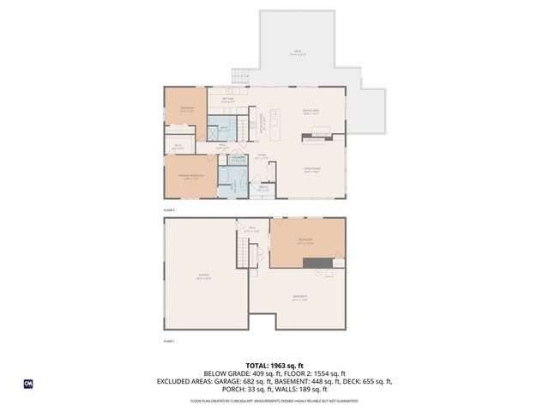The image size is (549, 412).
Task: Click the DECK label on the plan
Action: [x=298, y=52]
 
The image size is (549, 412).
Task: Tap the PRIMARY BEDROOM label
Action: [x=189, y=177]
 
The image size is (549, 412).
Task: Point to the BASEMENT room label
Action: [x=299, y=297]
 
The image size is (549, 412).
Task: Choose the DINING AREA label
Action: [x=311, y=111]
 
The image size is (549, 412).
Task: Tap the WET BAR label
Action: [x=229, y=100]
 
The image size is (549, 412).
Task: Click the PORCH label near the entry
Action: [x=263, y=188]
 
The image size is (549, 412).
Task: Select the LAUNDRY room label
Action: [x=238, y=160]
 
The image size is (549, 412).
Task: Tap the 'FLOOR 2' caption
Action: [x=169, y=209]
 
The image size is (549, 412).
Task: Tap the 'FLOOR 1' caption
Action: [x=169, y=341]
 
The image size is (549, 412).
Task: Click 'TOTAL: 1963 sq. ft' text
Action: [x=274, y=365]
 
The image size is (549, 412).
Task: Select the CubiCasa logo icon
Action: [x=28, y=384]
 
